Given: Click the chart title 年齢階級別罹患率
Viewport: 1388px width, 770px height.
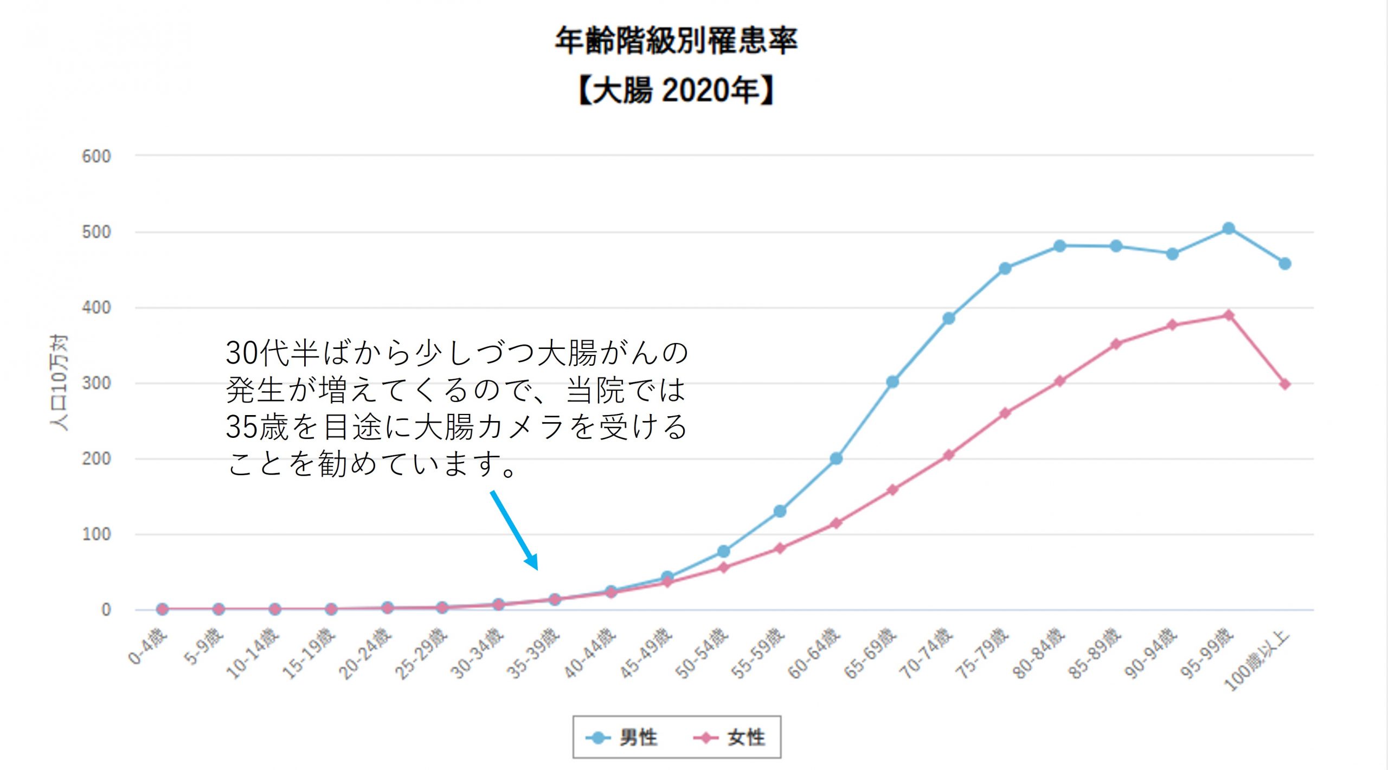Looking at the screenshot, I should point(676,41).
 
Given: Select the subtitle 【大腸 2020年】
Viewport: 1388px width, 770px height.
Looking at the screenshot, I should point(676,90).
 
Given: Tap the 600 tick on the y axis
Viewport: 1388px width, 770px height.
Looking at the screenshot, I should point(97,157).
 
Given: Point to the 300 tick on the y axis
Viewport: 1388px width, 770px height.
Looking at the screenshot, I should point(97,384).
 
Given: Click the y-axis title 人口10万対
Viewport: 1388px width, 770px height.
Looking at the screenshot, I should point(59,383).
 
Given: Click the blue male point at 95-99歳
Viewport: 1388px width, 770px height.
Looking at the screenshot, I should point(1229,229).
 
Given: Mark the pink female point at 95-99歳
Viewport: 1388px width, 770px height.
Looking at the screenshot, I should point(1229,315).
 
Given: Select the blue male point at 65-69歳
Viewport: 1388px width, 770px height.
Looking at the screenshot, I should point(892,382).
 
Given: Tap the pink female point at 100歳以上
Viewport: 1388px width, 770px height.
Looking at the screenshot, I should point(1284,384).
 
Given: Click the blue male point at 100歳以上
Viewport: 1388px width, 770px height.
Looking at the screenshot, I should point(1284,264).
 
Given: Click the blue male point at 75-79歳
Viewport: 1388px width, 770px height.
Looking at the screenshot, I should point(1005,268).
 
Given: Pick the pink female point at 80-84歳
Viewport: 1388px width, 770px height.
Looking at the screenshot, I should point(1060,381).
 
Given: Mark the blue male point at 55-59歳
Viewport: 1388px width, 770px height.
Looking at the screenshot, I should point(780,511).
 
